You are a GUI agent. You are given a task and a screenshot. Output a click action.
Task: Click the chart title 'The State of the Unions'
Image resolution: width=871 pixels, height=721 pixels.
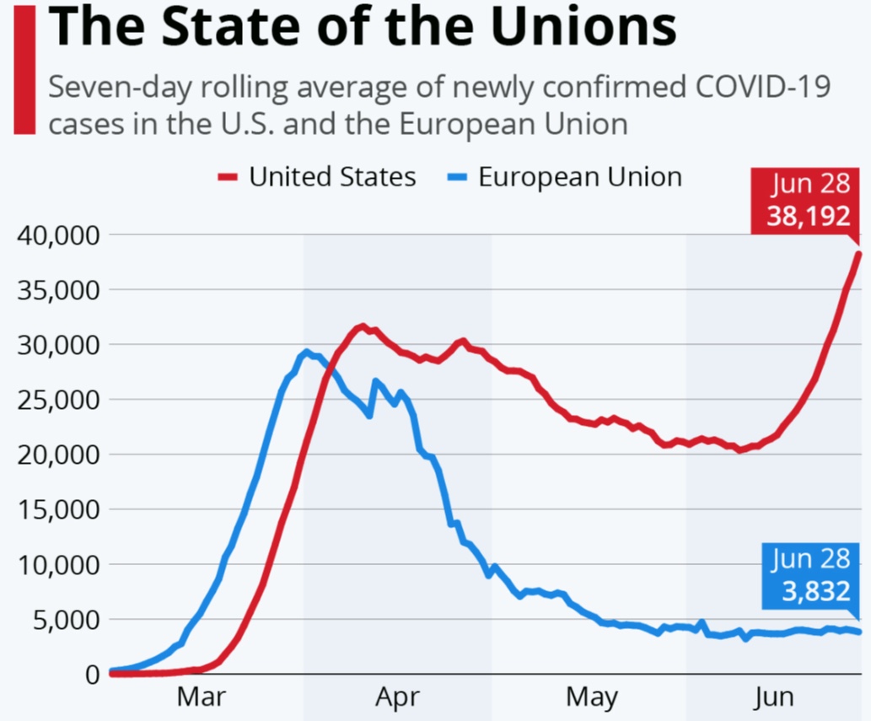(363, 26)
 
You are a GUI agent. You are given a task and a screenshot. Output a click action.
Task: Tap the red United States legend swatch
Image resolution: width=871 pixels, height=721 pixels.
(227, 177)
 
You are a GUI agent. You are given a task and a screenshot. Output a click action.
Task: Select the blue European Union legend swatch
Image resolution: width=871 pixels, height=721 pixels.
(457, 177)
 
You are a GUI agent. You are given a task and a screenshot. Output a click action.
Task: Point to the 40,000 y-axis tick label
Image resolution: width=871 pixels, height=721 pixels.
(58, 235)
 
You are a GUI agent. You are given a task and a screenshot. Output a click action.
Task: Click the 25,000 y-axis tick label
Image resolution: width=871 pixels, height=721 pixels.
(58, 400)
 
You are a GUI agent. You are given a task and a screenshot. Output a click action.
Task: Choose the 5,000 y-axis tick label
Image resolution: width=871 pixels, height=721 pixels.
(66, 620)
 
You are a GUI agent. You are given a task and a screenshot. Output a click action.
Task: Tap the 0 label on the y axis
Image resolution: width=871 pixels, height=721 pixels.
(93, 675)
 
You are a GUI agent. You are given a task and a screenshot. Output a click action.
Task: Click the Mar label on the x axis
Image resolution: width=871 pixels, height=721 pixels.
(201, 697)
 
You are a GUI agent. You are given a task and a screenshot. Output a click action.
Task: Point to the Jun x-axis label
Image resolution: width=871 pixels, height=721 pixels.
(774, 697)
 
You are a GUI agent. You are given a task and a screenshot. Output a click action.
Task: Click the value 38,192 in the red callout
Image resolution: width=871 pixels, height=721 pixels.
(809, 216)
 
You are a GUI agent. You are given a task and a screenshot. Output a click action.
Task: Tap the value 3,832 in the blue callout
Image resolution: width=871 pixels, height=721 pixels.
(816, 590)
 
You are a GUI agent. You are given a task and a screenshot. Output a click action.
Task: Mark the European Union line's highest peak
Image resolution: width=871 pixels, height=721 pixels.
(306, 352)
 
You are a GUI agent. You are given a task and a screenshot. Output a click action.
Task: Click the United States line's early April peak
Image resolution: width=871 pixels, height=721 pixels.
(363, 326)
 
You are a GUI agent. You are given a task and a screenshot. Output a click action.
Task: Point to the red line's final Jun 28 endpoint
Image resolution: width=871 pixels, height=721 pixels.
(859, 255)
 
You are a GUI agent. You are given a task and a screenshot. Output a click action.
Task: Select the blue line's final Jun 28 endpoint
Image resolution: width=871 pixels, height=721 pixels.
(859, 632)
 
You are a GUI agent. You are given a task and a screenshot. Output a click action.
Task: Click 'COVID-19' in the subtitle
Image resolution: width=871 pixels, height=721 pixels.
(763, 86)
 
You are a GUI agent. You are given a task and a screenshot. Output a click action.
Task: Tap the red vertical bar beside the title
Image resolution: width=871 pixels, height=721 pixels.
(24, 69)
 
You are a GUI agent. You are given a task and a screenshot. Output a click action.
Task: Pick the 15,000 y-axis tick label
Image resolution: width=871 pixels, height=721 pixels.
(58, 510)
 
